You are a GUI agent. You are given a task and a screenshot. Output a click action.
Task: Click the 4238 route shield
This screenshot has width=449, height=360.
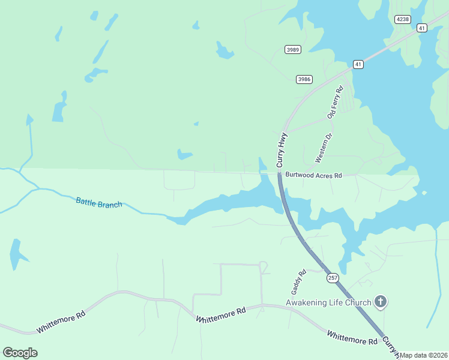pyautogui.click(x=403, y=19)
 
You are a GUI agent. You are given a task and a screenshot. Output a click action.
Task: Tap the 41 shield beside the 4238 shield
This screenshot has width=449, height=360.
pyautogui.click(x=421, y=28)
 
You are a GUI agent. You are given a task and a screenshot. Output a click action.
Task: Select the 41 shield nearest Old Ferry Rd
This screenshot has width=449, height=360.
pyautogui.click(x=358, y=64)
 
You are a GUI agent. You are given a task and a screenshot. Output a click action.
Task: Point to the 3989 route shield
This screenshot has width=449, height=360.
pyautogui.click(x=293, y=50)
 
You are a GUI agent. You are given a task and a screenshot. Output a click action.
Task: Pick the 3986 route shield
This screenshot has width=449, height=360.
pyautogui.click(x=304, y=79)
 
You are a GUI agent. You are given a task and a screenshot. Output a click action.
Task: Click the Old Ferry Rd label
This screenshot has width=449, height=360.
pyautogui.click(x=335, y=102)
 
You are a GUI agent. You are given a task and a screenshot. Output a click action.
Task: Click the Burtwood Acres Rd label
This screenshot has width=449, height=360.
pyautogui.click(x=313, y=176)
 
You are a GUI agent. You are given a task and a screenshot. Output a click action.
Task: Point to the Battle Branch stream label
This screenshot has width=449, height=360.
pyautogui.click(x=99, y=202)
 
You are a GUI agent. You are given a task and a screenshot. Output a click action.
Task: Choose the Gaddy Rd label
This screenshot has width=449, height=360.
pyautogui.click(x=299, y=280)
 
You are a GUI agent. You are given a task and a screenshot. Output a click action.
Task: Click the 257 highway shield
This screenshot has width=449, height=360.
pyautogui.click(x=333, y=278)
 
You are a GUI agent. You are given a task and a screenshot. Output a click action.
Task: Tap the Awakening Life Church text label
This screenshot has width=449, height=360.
pyautogui.click(x=328, y=302)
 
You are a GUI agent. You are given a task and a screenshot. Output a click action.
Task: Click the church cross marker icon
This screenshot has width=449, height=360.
pyautogui.click(x=380, y=302)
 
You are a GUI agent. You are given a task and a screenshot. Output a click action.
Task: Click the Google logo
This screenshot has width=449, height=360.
pyautogui.click(x=20, y=353)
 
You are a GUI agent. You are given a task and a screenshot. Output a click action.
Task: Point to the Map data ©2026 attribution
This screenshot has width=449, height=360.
pyautogui.click(x=424, y=355)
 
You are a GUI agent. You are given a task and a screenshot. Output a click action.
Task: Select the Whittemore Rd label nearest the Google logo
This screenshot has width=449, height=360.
pyautogui.click(x=61, y=322)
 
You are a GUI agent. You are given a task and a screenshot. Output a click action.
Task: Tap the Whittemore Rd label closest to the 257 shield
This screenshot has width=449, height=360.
pyautogui.click(x=352, y=337)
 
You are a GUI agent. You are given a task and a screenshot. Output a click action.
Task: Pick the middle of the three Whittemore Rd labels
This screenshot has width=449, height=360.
pyautogui.click(x=221, y=316)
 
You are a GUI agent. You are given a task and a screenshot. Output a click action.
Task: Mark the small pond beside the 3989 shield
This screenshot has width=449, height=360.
pyautogui.click(x=224, y=52)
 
